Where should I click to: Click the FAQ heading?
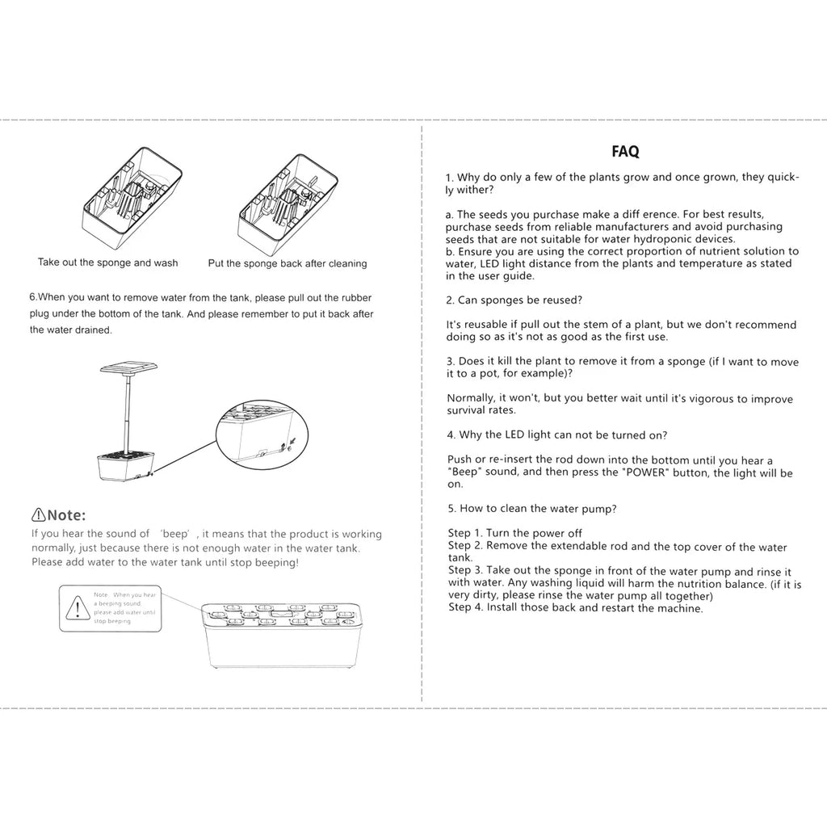(625, 151)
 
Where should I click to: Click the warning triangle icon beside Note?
(38, 515)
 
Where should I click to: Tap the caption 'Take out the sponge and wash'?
(108, 262)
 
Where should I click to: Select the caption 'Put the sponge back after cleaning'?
(288, 263)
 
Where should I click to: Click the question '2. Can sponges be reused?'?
(514, 300)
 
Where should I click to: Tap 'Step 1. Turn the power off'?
(514, 533)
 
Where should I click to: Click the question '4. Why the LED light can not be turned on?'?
(557, 435)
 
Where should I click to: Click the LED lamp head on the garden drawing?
(128, 369)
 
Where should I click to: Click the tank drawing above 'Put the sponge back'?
(288, 198)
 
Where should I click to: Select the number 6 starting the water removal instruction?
(32, 296)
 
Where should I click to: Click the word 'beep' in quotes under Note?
(174, 534)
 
